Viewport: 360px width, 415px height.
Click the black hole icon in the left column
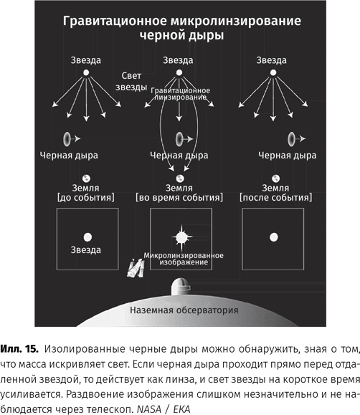68,138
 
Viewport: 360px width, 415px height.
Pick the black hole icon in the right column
290,138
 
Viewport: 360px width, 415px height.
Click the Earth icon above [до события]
86,179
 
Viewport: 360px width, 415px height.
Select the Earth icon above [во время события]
179,179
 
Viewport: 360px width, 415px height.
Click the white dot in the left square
87,236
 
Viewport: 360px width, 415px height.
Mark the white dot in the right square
272,236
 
